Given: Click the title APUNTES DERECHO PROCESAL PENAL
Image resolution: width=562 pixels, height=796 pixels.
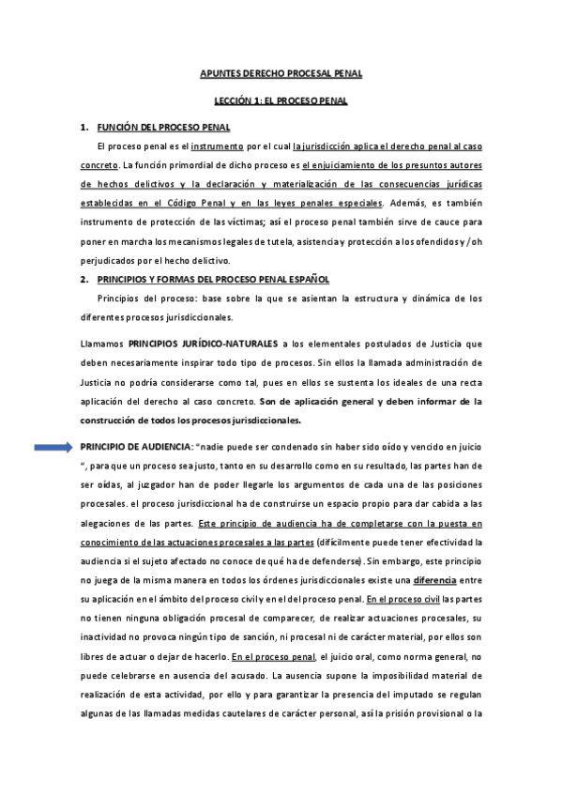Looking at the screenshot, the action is click(281, 72).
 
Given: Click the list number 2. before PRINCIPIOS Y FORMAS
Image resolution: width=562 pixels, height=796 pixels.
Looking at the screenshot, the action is click(85, 280).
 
